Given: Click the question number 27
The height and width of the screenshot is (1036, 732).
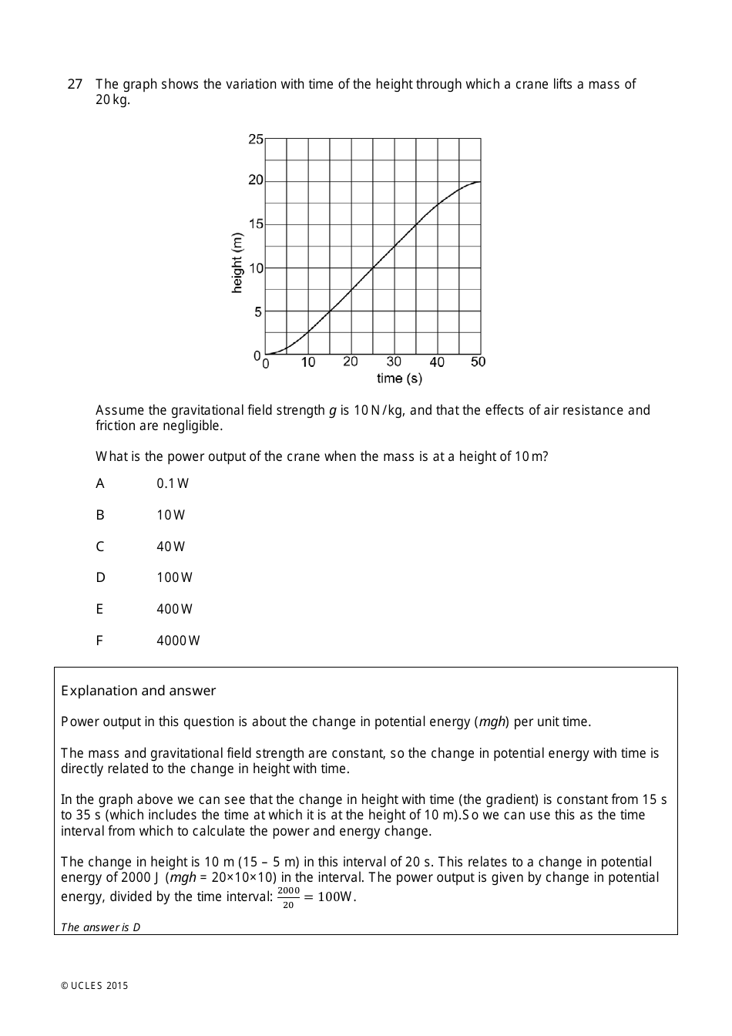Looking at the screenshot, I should tap(75, 84).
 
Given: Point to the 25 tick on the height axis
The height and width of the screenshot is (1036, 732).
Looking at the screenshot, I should tap(256, 140).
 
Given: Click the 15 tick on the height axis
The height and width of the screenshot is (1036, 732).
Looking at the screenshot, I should tap(256, 224).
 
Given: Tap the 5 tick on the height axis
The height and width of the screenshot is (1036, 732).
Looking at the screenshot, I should tap(258, 312).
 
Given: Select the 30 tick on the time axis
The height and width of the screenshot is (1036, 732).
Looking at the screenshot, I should tap(394, 362).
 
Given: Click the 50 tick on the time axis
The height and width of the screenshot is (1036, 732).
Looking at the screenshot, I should tap(478, 362).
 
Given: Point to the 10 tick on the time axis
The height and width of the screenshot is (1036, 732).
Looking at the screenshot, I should tap(308, 362).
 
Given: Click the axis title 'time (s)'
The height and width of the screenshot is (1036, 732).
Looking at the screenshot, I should tap(399, 378).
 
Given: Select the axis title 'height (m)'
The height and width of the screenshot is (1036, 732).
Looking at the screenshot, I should tap(237, 262).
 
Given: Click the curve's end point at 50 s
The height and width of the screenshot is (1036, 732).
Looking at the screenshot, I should tap(480, 182).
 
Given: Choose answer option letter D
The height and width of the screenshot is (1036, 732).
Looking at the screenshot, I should tap(100, 577).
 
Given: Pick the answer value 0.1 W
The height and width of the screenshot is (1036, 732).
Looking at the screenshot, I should tap(173, 483).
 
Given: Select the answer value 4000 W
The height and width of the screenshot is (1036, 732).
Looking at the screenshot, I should tap(178, 641).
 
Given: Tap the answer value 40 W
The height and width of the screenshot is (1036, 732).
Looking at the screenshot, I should tap(171, 547).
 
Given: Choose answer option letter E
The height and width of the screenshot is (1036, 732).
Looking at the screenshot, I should tap(99, 609).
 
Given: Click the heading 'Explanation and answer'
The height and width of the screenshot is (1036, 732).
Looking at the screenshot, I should tap(139, 691).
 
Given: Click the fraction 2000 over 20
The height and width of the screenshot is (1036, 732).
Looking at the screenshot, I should tap(288, 897).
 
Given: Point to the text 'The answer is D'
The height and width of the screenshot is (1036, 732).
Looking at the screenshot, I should tap(101, 927).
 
